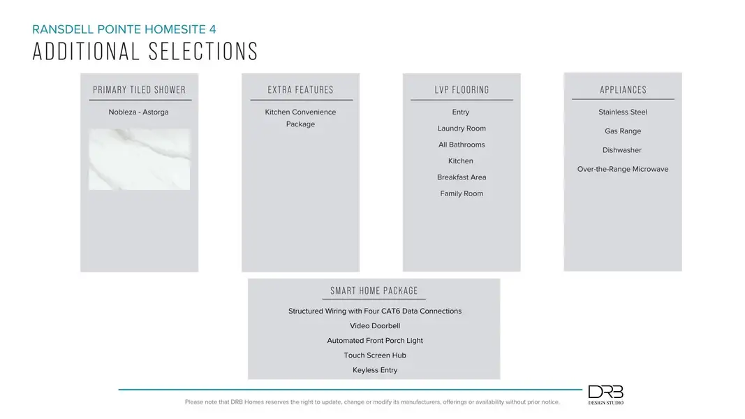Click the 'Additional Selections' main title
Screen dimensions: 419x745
(x=145, y=52)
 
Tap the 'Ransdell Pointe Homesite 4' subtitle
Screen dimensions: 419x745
(x=124, y=29)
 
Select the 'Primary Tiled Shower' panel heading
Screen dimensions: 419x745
(x=140, y=90)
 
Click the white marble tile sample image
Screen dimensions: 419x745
(x=140, y=159)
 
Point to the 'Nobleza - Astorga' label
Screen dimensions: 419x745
(x=138, y=112)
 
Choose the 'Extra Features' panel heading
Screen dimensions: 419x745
(x=301, y=90)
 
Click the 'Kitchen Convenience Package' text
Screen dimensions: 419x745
(x=300, y=118)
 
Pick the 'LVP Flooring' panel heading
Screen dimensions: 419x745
(x=462, y=90)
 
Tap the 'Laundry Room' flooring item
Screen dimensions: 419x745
(x=462, y=128)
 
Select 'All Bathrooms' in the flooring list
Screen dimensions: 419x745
(x=462, y=145)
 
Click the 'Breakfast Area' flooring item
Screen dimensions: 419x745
(x=462, y=177)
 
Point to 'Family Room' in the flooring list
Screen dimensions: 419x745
(x=462, y=194)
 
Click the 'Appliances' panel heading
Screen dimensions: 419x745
(x=623, y=90)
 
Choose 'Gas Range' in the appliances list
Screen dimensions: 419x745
(x=623, y=131)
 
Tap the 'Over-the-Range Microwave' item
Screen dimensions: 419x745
(x=623, y=170)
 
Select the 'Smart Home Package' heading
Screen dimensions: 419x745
(x=374, y=291)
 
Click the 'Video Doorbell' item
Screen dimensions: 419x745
(x=375, y=326)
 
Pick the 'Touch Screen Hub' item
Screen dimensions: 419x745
(x=375, y=355)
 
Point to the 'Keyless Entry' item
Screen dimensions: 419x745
(x=375, y=371)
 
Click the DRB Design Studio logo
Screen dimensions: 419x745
(x=605, y=395)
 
